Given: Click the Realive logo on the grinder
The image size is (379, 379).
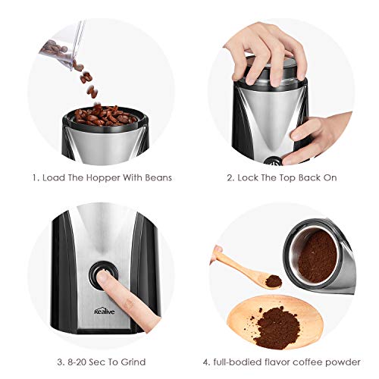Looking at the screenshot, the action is tap(105, 311).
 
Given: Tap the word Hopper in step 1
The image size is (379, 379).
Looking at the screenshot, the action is tap(103, 178).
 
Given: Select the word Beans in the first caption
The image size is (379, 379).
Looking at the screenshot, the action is tap(158, 177).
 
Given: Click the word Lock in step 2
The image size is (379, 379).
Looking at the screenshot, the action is tap(248, 177).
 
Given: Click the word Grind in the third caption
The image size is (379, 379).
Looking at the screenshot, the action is tap(133, 362).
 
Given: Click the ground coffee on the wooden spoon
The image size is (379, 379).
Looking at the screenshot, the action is tap(274, 280).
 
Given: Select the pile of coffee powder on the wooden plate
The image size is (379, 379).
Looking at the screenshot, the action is tap(276, 327).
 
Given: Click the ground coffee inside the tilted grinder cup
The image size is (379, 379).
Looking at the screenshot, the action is tap(317, 257).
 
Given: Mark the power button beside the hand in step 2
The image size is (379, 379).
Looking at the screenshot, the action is tap(274, 161).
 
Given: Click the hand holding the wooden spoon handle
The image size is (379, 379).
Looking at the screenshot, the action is tap(217, 253).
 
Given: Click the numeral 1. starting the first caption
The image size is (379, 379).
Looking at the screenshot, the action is tap(36, 178).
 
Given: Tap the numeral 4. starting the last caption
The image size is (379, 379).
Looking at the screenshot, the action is tap(207, 362).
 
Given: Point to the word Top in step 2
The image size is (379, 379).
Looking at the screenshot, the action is tap(287, 178).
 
